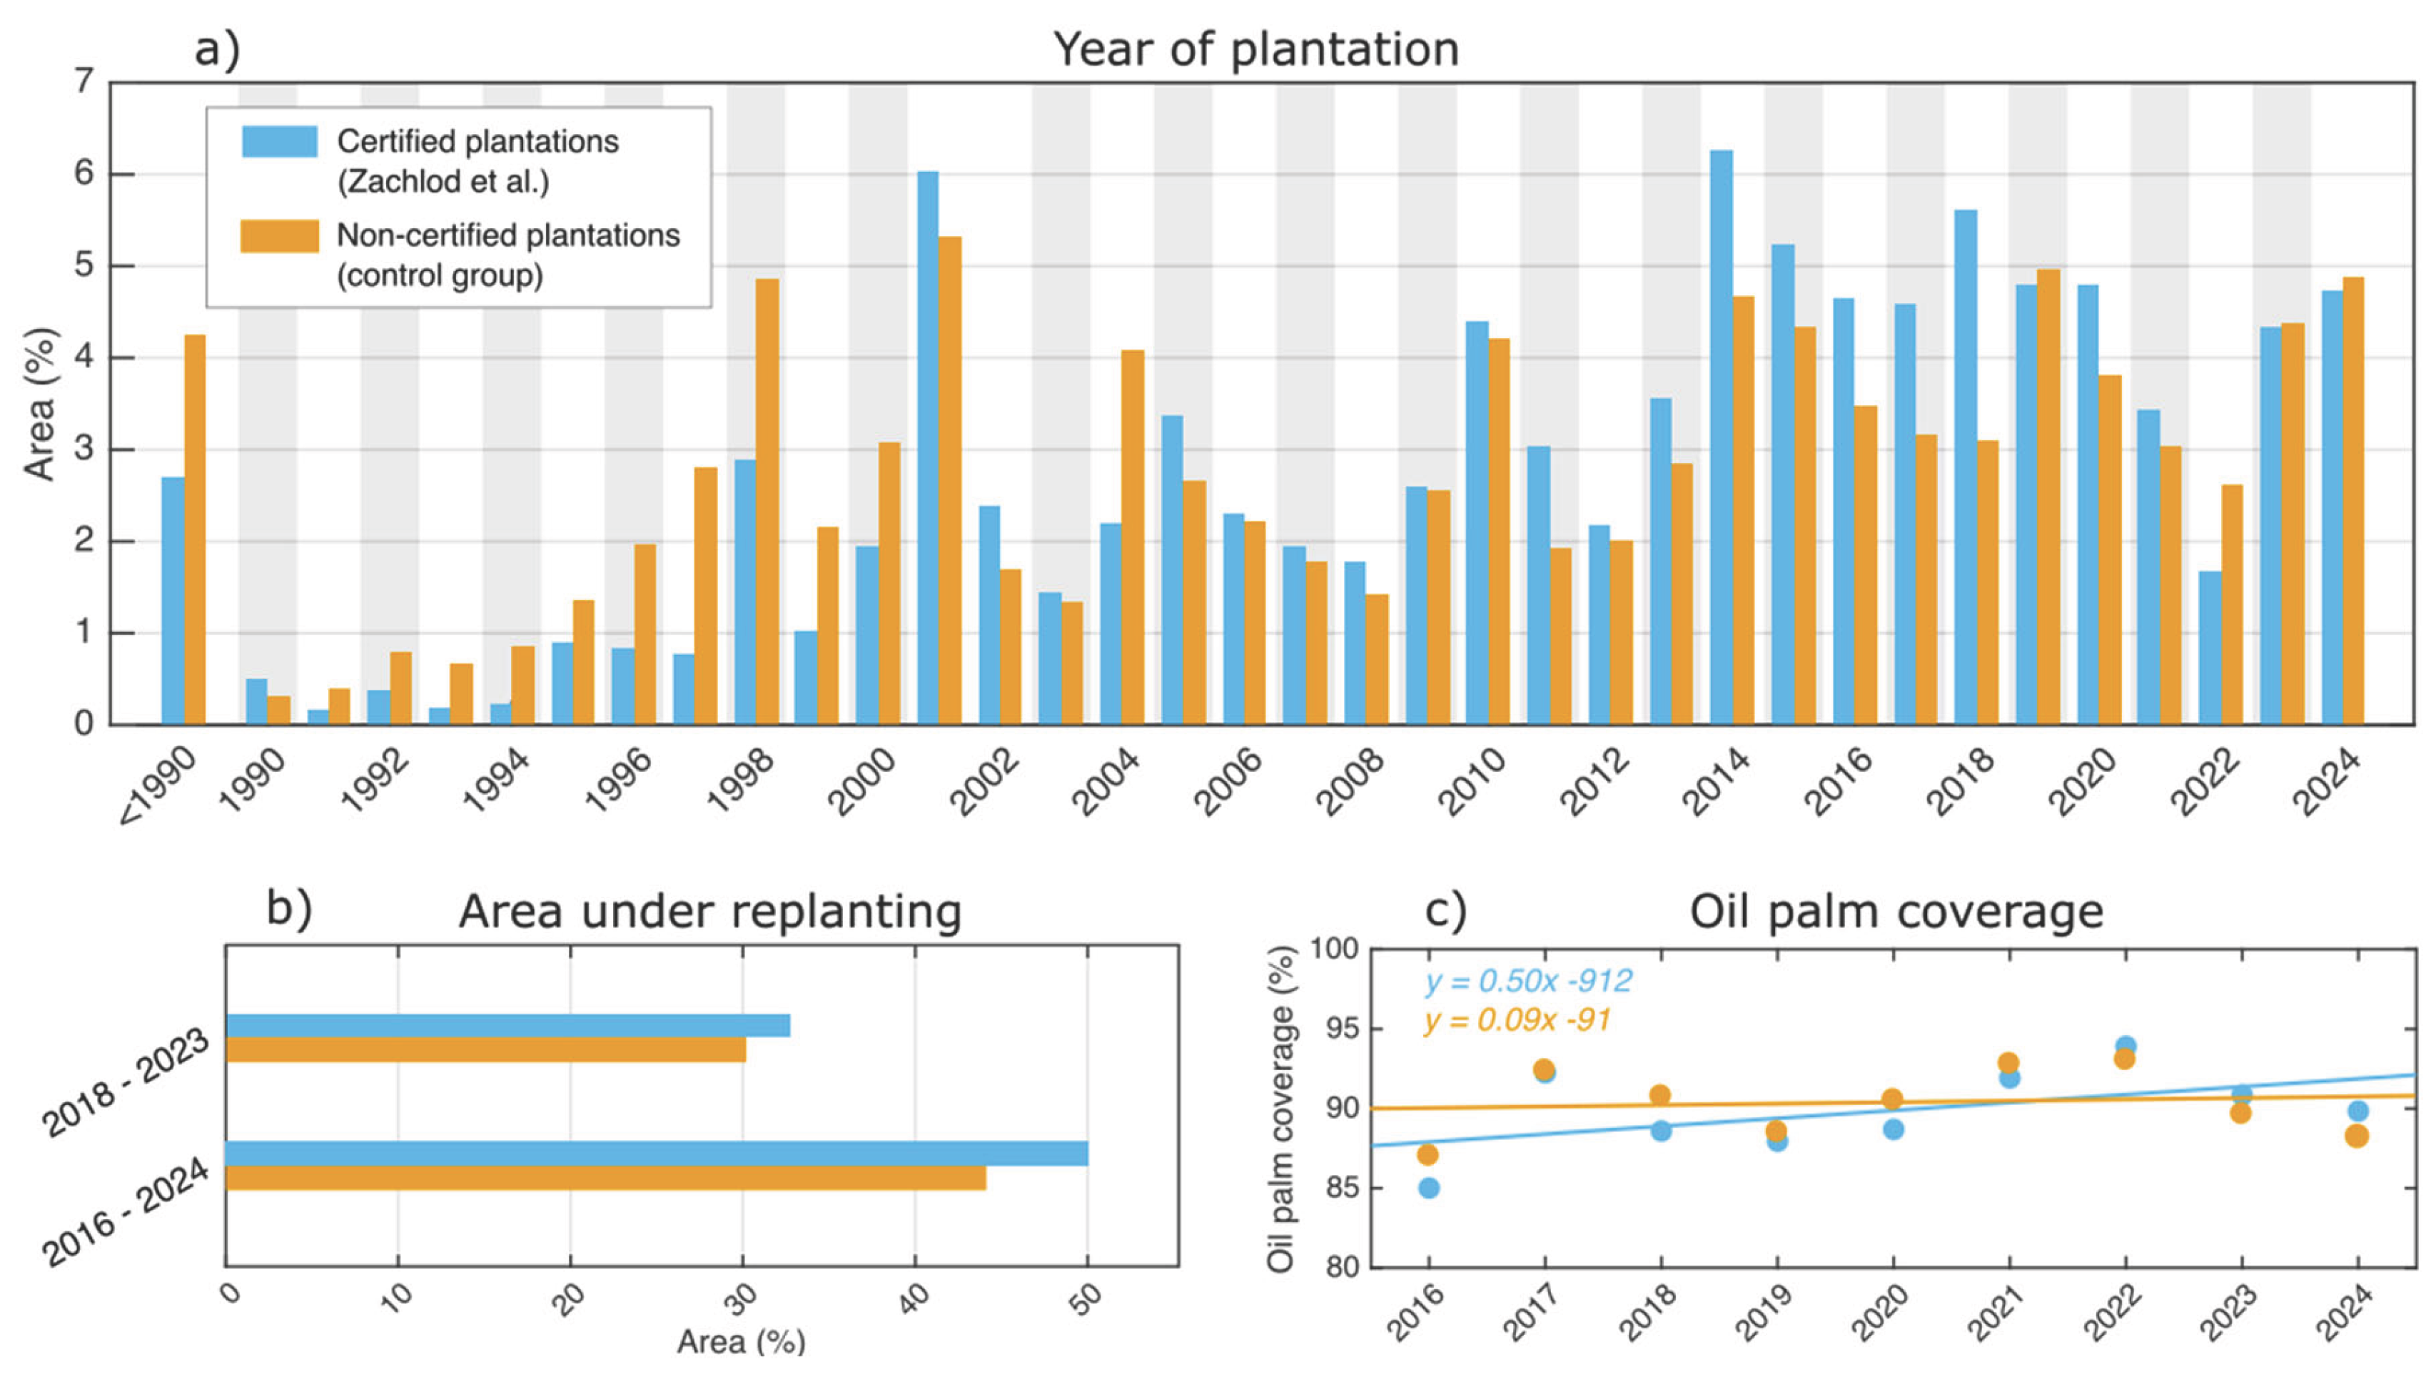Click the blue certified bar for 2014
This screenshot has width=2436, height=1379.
coord(1721,436)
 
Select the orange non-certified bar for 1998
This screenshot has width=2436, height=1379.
coord(767,502)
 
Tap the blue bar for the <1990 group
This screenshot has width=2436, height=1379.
coord(173,601)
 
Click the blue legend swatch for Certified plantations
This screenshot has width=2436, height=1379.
coord(280,141)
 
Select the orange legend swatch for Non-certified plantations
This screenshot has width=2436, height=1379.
coord(280,236)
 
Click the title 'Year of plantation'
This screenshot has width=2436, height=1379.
coord(1255,49)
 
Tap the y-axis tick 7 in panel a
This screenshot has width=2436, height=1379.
coord(84,83)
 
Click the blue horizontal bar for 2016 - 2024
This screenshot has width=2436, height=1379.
coord(656,1153)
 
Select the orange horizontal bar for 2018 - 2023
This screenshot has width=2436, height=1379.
coord(485,1049)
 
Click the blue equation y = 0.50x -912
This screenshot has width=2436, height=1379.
coord(1527,981)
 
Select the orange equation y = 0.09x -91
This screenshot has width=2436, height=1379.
coord(1516,1021)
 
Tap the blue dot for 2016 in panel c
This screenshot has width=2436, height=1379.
coord(1429,1188)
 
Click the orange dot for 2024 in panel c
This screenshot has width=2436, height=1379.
coord(2356,1136)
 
